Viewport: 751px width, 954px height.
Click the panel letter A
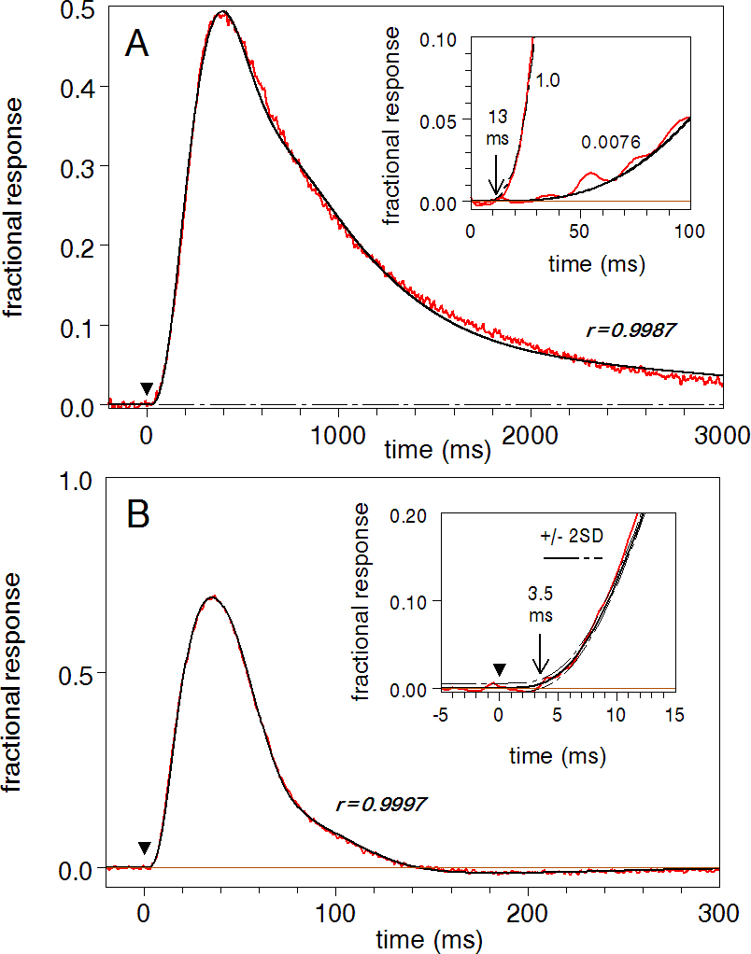click(x=138, y=45)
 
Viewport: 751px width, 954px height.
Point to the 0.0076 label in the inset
click(x=611, y=143)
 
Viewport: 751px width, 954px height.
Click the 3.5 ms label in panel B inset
click(x=538, y=608)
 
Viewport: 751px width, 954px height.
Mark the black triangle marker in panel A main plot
click(x=146, y=388)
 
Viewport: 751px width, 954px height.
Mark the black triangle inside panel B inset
click(x=500, y=668)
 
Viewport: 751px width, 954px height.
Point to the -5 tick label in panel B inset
click(x=441, y=714)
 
